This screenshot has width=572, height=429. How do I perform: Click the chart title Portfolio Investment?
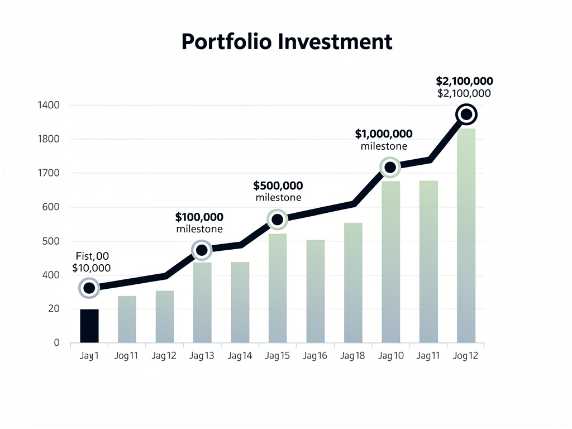[x=287, y=42]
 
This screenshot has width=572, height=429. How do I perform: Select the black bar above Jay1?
[x=89, y=326]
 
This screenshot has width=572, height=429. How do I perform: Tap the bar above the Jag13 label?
[x=202, y=302]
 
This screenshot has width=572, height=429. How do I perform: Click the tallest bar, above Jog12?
[x=466, y=235]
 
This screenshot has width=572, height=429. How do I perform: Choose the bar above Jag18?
[x=353, y=282]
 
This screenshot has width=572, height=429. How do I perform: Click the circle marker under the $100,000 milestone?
[x=202, y=250]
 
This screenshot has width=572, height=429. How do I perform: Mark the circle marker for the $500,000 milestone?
[x=277, y=220]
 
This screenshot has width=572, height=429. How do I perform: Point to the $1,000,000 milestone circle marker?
[x=390, y=167]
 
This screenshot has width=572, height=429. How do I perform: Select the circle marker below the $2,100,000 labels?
[x=466, y=115]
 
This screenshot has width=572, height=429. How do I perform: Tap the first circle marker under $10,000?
[x=89, y=288]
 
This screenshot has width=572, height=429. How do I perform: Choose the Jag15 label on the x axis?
[x=277, y=356]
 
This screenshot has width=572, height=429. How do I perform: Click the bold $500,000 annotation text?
[x=278, y=185]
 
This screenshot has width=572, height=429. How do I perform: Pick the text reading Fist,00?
[x=92, y=256]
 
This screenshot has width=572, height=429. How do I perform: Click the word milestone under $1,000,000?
[x=384, y=146]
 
